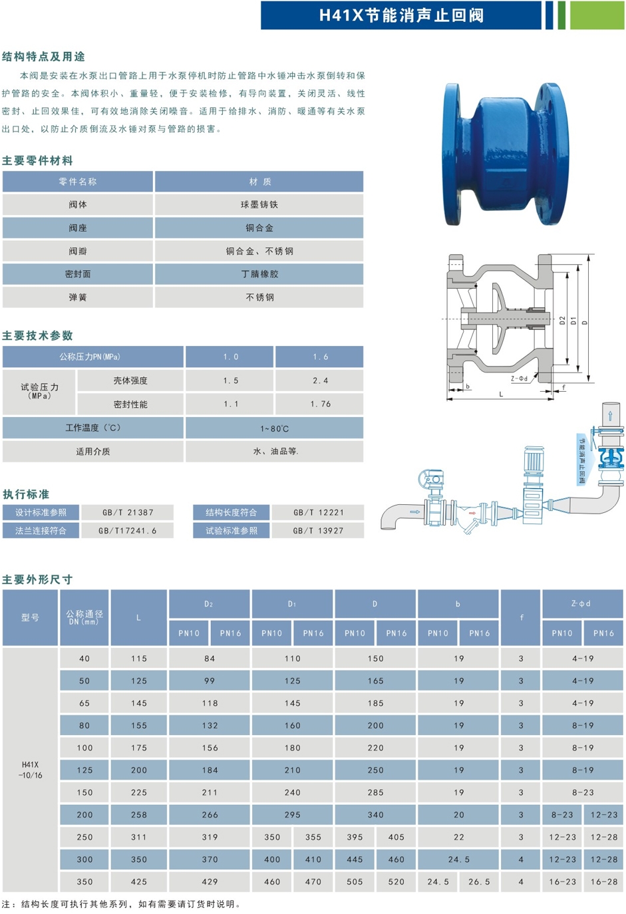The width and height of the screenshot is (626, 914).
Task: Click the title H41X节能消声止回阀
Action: [x=401, y=15]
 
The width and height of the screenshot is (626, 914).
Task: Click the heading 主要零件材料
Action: [x=37, y=161]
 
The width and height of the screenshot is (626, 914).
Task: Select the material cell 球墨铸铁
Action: [x=259, y=204]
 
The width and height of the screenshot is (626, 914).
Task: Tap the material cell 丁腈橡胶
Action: [x=259, y=274]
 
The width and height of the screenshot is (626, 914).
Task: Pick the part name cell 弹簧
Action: [x=78, y=297]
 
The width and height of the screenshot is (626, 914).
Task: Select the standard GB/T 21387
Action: [x=128, y=512]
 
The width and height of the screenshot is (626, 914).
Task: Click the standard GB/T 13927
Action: [x=318, y=531]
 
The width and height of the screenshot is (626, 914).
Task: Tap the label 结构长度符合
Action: [x=231, y=512]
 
